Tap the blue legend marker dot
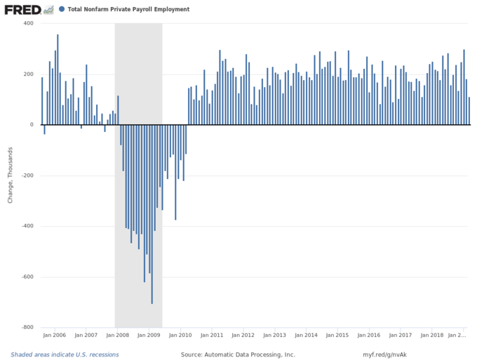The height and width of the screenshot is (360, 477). [x=62, y=10]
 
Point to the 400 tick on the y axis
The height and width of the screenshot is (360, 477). [x=29, y=24]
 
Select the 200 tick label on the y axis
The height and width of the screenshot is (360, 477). [x=29, y=74]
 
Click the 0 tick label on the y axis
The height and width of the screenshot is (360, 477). [x=32, y=125]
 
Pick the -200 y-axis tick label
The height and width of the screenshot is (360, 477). [x=27, y=175]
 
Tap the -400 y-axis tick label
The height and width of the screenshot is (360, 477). [x=27, y=226]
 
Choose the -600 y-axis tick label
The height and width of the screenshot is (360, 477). [x=27, y=276]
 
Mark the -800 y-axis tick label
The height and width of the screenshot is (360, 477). [x=27, y=327]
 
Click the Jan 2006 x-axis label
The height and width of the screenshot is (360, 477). [x=54, y=336]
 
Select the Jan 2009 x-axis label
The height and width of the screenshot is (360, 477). [x=149, y=336]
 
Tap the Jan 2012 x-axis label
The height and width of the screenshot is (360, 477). [x=243, y=336]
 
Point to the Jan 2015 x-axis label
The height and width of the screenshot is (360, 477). [x=337, y=336]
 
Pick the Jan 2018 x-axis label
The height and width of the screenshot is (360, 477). [x=432, y=336]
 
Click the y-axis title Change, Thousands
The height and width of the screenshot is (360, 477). [x=11, y=175]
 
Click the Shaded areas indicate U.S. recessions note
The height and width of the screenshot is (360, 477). [x=65, y=355]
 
